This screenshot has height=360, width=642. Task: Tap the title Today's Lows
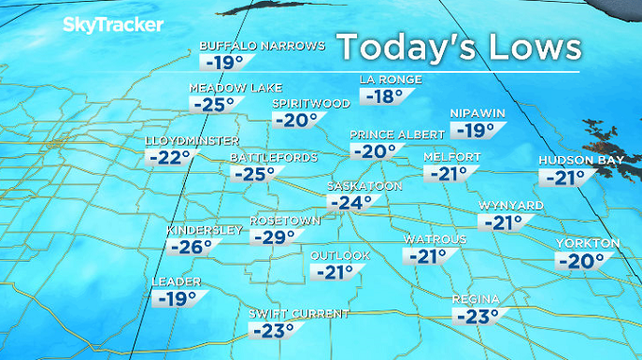click(458, 46)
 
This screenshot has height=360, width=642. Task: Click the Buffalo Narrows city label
click(263, 45)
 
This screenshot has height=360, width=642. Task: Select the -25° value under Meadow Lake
click(212, 104)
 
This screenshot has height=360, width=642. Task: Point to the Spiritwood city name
click(311, 103)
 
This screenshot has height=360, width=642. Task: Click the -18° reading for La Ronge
click(384, 95)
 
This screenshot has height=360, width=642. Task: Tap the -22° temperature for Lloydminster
click(169, 157)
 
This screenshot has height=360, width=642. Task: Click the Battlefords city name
click(274, 157)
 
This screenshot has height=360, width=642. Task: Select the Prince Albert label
click(391, 135)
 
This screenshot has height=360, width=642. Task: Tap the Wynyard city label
click(506, 205)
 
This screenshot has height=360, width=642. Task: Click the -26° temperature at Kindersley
click(192, 247)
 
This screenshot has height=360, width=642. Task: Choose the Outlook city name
click(340, 255)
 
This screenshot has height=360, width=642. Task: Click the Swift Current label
click(298, 313)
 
